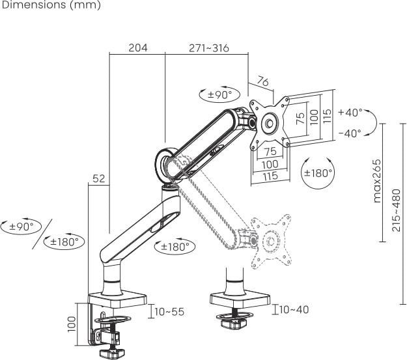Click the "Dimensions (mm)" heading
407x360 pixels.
(x=51, y=5)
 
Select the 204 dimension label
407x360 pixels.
(x=138, y=48)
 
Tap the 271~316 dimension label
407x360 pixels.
(x=209, y=48)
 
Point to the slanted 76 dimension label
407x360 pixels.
(x=262, y=81)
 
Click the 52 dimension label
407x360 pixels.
(x=98, y=178)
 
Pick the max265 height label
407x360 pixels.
(x=377, y=181)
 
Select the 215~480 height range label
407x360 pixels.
(x=397, y=210)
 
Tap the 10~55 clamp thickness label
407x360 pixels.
(x=169, y=312)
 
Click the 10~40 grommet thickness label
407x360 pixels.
(x=294, y=309)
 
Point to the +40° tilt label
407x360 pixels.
(x=350, y=113)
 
